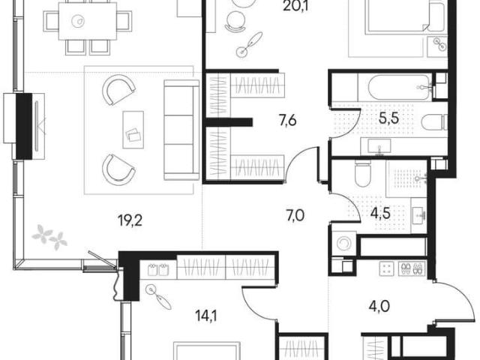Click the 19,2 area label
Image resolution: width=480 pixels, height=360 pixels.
(130, 220)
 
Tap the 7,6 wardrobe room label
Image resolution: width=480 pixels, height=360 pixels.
(287, 121)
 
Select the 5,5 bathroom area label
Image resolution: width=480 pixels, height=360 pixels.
(388, 118)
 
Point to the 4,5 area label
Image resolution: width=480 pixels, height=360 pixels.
(380, 213)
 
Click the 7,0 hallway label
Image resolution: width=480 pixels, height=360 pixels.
(295, 216)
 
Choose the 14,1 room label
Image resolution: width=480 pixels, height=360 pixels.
(206, 316)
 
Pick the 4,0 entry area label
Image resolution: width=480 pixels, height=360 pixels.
(379, 306)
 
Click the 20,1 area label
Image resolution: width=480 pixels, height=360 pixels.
(295, 5)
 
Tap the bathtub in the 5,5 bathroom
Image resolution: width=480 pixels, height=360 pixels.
(394, 87)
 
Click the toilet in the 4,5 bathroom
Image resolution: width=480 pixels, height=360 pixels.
(362, 173)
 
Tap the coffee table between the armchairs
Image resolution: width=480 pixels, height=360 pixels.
(133, 130)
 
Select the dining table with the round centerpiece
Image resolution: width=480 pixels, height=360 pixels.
(88, 21)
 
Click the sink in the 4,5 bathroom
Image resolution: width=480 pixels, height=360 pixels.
(418, 214)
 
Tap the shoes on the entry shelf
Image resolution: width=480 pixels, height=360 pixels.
(412, 268)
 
